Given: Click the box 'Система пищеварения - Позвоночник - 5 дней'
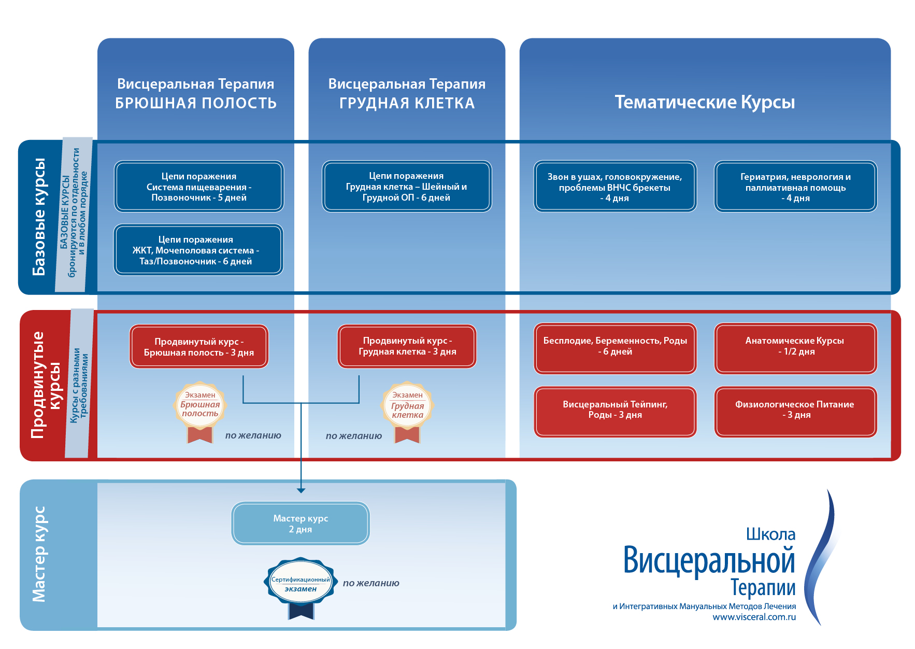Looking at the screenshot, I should coord(199,187).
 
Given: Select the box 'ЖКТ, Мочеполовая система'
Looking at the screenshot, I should coord(198,250).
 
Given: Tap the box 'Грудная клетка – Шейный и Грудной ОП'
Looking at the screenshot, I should coord(407,187).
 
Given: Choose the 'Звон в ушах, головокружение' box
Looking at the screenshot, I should coord(615,187).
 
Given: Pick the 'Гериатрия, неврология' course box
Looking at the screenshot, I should coord(795,187).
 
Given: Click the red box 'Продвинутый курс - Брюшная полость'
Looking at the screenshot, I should coord(199,346).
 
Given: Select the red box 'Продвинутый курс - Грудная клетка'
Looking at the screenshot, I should coord(407,346).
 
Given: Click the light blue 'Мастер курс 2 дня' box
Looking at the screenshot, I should coord(301,524).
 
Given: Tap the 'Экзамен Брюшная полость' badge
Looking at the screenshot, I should coord(200,407).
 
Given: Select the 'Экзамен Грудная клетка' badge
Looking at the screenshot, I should coord(407,407).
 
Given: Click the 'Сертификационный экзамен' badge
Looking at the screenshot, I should coord(301,583).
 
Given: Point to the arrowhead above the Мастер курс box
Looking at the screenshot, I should coord(301,490).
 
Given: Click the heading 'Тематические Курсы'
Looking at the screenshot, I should coord(705,102).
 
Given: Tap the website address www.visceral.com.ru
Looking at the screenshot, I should coord(754,617).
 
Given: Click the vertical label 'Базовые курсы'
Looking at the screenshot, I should coord(39,217).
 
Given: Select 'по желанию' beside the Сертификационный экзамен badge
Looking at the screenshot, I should coord(371,583).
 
